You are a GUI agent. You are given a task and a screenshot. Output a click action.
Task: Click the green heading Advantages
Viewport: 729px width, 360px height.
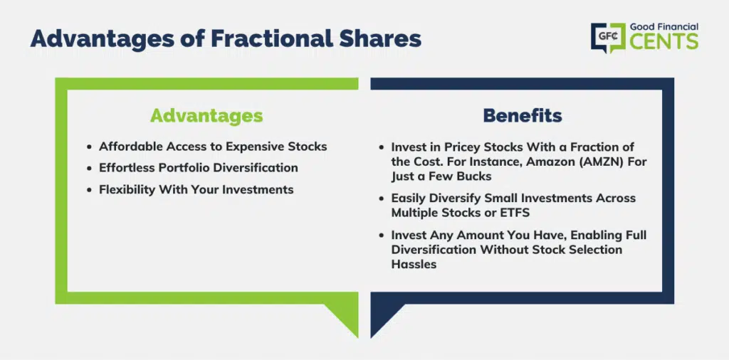point(206,116)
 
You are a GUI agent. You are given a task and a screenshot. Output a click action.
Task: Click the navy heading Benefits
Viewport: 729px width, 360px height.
point(522,115)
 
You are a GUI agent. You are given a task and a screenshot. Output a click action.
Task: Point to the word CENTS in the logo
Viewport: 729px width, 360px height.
point(664,41)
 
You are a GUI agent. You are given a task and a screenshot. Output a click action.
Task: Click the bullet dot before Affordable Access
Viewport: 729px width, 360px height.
point(89,147)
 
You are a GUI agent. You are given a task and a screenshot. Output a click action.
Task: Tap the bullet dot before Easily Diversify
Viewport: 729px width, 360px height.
point(382,198)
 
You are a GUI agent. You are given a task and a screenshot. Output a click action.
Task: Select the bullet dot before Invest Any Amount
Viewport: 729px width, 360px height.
point(382,235)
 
